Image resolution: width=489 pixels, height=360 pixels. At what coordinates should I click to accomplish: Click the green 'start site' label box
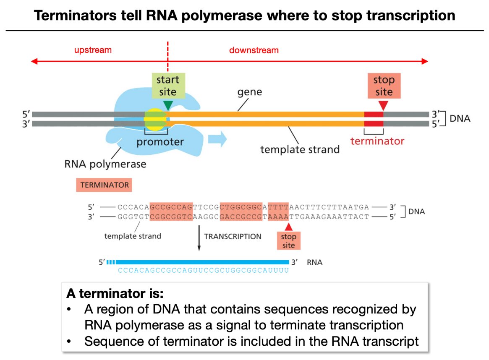[168, 86]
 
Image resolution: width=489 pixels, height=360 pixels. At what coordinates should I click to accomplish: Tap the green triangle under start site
[168, 105]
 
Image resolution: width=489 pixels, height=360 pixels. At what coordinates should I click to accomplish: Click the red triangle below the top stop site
[383, 105]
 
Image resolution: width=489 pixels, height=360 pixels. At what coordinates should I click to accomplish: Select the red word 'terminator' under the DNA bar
[377, 141]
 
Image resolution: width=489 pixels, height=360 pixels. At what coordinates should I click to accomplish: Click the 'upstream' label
[93, 50]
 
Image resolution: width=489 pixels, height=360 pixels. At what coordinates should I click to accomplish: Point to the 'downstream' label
[254, 50]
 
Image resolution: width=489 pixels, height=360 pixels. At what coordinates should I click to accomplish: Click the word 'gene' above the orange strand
[249, 92]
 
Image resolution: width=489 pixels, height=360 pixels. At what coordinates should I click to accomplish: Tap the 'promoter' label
[160, 142]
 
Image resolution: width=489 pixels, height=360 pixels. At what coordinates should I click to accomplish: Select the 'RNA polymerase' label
[105, 164]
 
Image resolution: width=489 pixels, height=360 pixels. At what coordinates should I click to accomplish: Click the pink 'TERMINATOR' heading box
[104, 185]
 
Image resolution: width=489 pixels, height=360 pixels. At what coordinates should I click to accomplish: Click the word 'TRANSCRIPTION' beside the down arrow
[233, 237]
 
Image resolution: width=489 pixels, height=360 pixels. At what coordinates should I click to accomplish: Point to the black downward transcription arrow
[199, 238]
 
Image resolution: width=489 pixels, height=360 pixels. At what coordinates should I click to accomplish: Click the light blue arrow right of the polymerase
[217, 139]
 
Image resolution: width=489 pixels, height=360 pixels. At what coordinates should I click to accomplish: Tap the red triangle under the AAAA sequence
[289, 227]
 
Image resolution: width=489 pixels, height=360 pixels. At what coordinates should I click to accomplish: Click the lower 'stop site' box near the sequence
[289, 240]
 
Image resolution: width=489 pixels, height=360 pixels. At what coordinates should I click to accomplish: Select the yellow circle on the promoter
[155, 120]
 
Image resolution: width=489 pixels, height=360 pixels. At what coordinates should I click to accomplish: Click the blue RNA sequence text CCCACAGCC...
[203, 270]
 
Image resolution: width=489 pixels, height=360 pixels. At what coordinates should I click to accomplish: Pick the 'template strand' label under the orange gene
[300, 150]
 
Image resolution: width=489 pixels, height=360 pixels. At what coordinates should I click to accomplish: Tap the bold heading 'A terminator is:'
[115, 294]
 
